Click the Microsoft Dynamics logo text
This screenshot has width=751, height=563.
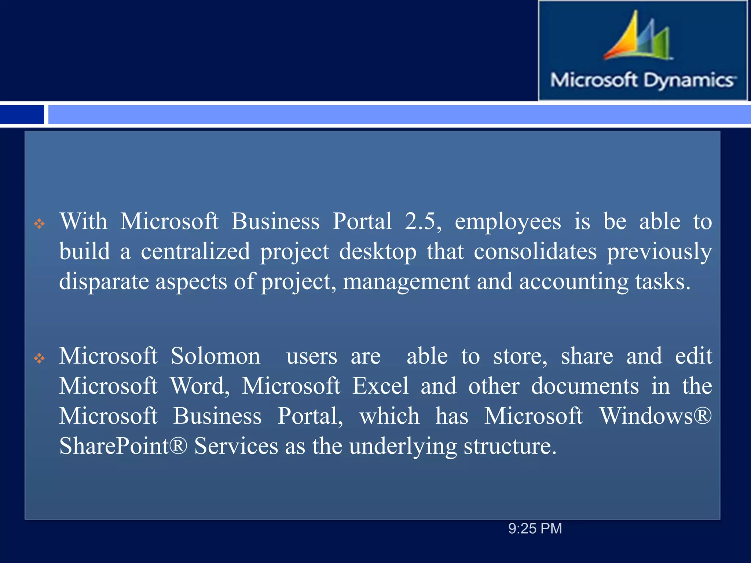642,80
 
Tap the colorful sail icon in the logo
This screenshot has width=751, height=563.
638,37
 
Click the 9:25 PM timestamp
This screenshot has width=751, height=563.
535,529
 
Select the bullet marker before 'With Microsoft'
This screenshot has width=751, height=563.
39,223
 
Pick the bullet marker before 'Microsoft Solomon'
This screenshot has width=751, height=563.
39,358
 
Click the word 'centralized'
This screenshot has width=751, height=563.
195,252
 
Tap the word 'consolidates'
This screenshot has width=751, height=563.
535,252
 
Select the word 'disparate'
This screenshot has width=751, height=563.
104,282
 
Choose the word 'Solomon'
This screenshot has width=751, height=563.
216,356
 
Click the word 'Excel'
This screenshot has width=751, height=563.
380,386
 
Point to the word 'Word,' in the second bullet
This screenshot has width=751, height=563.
200,386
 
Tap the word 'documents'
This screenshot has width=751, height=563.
585,386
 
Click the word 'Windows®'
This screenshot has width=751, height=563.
656,416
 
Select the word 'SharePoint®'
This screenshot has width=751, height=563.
123,446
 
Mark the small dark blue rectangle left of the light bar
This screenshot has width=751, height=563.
22,114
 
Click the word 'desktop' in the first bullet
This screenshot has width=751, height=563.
378,252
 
